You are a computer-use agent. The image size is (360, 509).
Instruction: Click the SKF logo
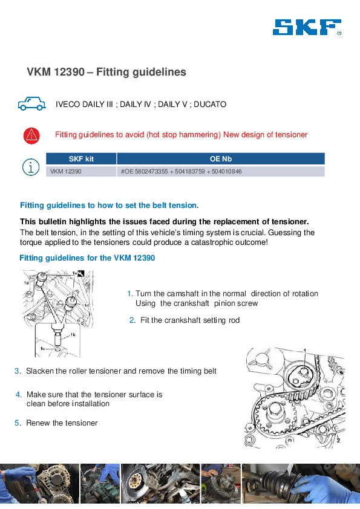pos(307,27)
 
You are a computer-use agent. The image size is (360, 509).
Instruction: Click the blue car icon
pos(31,103)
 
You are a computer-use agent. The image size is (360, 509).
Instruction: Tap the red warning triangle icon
pos(31,135)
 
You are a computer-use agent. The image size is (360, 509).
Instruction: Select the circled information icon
pos(31,167)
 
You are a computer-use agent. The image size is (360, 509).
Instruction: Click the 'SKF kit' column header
pos(81,159)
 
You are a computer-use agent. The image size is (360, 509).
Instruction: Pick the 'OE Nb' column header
pos(221,159)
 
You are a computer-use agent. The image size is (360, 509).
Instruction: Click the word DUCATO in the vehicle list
pos(210,104)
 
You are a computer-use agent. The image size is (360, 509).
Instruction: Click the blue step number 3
pos(17,371)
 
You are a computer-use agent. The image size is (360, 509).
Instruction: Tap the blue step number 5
pos(17,423)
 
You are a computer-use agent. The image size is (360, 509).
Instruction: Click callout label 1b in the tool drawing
pos(73,335)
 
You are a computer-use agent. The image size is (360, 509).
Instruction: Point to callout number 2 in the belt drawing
pos(338,440)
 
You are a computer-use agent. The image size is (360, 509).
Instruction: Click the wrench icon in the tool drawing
pos(81,274)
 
